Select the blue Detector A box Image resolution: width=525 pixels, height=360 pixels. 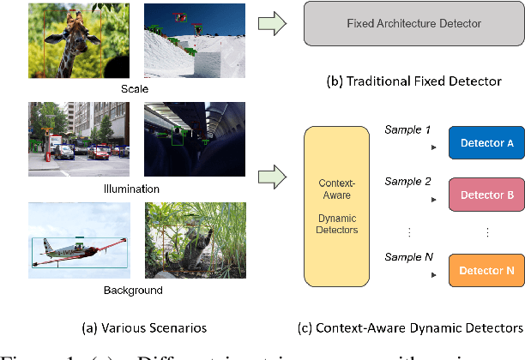486,142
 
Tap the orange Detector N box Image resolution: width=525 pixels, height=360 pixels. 486,271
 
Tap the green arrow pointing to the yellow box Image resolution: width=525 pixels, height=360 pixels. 273,177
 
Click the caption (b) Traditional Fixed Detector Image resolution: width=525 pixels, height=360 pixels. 414,81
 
